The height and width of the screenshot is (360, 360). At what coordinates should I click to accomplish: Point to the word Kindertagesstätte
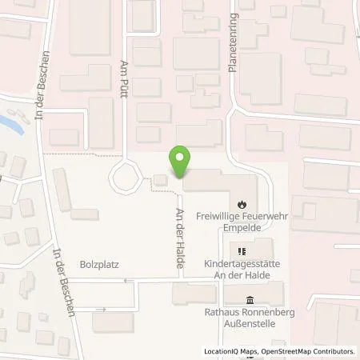pyautogui.click(x=241, y=263)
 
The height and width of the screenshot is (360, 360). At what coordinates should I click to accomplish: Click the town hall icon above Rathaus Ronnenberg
pyautogui.click(x=250, y=301)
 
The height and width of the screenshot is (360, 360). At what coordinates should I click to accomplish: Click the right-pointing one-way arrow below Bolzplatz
pyautogui.click(x=101, y=309)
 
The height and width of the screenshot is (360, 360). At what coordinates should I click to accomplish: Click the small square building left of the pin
pyautogui.click(x=161, y=180)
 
